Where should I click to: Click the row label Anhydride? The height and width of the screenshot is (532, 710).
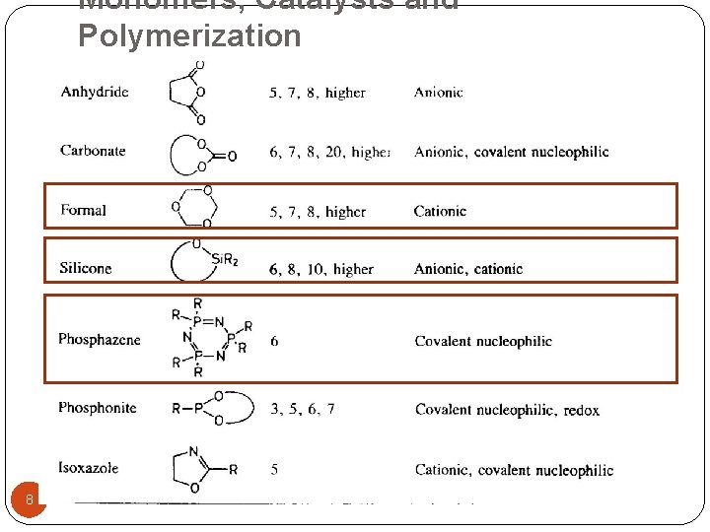tap(95, 93)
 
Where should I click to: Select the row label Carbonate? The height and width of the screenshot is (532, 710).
tap(93, 151)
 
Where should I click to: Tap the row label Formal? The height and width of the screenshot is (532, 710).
tap(83, 210)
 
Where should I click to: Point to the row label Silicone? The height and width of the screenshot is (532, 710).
tap(86, 268)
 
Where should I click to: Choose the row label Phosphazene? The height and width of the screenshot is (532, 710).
tap(100, 340)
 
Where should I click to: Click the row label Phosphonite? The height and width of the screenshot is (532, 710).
tap(98, 408)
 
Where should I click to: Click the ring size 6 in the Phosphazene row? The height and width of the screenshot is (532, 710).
tap(274, 341)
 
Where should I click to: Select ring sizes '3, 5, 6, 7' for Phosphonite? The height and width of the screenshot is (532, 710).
tap(302, 409)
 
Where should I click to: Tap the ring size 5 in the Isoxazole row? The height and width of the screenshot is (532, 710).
tap(274, 470)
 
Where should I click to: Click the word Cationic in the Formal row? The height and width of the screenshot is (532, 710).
tap(440, 211)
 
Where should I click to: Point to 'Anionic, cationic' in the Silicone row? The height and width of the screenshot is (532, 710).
tap(468, 269)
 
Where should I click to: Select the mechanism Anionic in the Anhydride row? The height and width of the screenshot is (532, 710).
tap(438, 93)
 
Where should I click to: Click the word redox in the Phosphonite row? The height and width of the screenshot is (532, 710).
tap(582, 410)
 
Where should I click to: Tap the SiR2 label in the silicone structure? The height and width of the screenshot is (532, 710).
tap(224, 260)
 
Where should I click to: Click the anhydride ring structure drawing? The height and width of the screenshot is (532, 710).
tap(187, 93)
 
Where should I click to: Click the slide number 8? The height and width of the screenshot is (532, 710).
tap(30, 499)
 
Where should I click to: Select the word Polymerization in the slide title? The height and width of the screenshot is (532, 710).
tap(189, 35)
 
